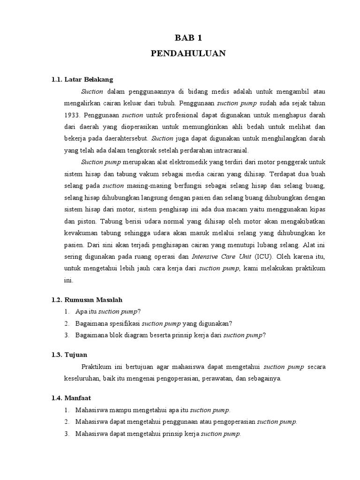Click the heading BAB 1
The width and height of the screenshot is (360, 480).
[188, 38]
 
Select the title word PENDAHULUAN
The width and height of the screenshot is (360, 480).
[188, 53]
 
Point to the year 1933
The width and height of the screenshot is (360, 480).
[72, 115]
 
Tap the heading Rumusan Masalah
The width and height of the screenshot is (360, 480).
[93, 299]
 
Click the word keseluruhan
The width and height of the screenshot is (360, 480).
[82, 378]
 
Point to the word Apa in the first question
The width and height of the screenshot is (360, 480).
[81, 311]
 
